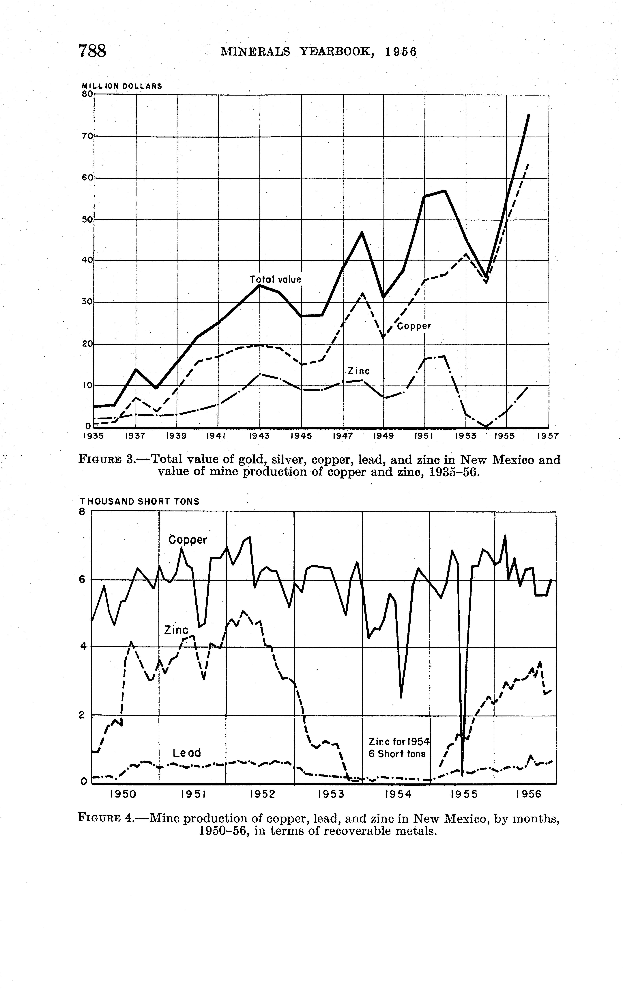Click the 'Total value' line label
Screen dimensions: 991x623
pyautogui.click(x=275, y=280)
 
